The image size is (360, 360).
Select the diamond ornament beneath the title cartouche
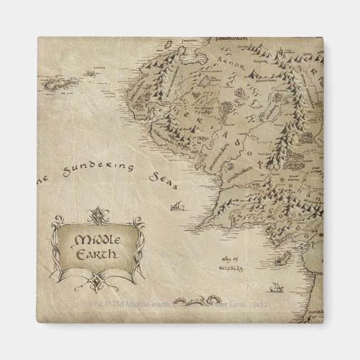98,280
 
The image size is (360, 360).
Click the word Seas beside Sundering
164,177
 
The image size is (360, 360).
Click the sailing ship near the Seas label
178,206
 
